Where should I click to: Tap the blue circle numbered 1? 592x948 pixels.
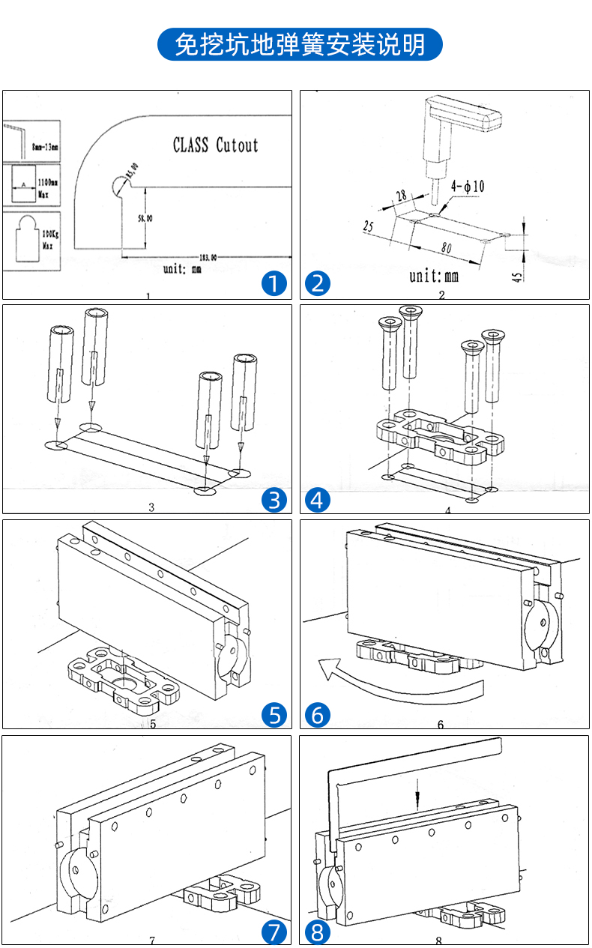[274, 283]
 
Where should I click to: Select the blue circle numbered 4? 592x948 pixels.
[318, 499]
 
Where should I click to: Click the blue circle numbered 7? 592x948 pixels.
[274, 932]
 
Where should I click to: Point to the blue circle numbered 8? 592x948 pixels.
[318, 932]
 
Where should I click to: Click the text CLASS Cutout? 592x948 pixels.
[215, 145]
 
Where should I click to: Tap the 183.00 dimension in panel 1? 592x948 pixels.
[205, 256]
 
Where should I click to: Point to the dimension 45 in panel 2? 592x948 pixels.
[517, 277]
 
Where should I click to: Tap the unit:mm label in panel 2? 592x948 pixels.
[433, 276]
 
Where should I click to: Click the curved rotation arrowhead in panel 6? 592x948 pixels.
[327, 667]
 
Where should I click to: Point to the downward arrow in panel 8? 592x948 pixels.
[417, 800]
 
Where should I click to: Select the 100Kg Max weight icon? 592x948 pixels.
[30, 239]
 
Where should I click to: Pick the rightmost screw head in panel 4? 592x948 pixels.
[494, 335]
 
